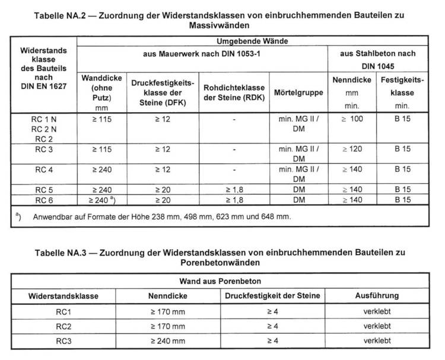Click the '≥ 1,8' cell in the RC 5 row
(234, 190)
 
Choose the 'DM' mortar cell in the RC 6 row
(298, 200)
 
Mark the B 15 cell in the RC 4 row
(403, 169)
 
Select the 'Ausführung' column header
(376, 295)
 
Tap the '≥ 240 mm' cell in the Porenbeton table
(167, 340)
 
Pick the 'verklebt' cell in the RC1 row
(376, 310)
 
